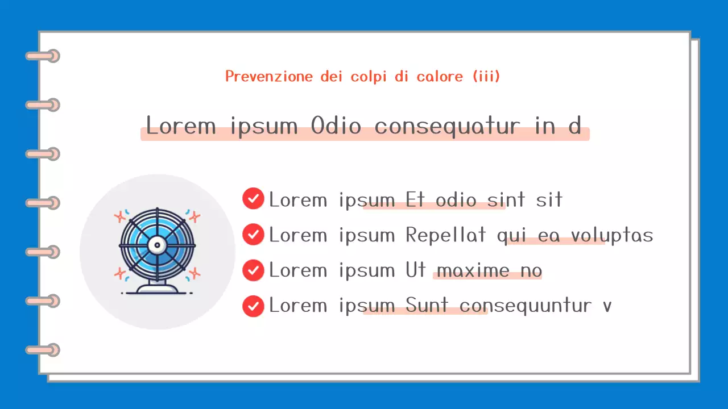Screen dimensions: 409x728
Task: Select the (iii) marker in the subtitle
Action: click(x=486, y=76)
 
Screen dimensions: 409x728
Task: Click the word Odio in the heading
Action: click(x=336, y=126)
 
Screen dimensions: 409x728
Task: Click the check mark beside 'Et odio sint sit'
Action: click(x=253, y=199)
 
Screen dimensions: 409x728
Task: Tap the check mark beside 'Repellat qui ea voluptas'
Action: click(x=253, y=234)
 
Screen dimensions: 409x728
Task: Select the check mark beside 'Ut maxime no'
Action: click(x=253, y=270)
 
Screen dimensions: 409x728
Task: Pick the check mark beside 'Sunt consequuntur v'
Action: click(x=253, y=306)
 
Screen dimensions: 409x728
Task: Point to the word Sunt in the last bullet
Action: click(x=427, y=306)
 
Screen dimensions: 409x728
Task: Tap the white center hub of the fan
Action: click(x=156, y=245)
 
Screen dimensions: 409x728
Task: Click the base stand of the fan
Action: click(x=156, y=289)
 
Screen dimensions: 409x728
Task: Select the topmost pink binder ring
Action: click(x=43, y=56)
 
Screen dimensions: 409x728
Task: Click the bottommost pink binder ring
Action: click(x=43, y=350)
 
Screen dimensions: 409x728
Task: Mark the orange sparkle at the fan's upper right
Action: click(x=195, y=216)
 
